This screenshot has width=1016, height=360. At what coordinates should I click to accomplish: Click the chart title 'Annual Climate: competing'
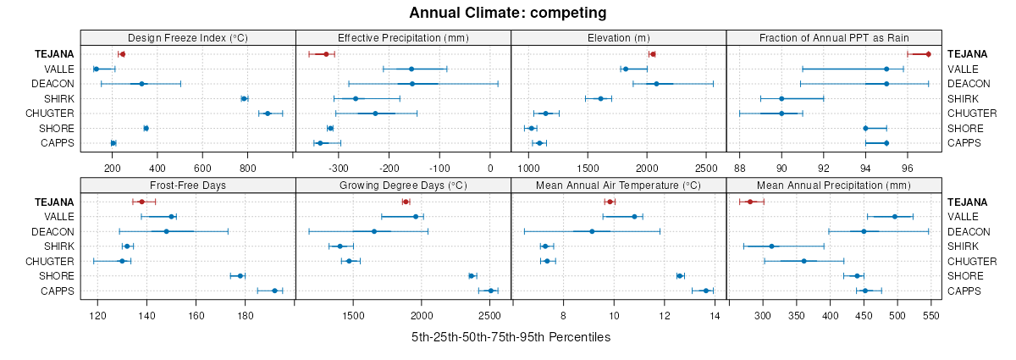[507, 13]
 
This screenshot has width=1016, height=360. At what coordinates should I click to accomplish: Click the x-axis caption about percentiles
[511, 337]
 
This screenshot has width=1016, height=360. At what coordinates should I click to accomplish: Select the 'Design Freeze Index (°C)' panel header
[188, 37]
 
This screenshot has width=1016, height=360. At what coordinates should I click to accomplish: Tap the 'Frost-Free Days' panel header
[188, 185]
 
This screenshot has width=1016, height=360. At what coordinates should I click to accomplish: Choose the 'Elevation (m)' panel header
[618, 37]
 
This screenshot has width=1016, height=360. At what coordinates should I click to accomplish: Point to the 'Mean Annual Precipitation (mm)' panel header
[834, 185]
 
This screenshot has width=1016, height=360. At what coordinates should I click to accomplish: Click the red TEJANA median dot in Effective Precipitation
[326, 54]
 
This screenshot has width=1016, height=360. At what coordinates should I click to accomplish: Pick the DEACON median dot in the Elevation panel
[656, 84]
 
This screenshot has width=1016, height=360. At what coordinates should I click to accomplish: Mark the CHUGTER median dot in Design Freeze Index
[268, 114]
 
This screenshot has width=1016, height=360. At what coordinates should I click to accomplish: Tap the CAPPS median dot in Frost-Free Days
[274, 291]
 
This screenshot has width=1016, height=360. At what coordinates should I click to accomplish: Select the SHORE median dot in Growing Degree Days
[472, 275]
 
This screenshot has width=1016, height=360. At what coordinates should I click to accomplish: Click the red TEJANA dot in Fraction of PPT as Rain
[928, 54]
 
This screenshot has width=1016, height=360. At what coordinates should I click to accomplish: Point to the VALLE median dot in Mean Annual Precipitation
[895, 217]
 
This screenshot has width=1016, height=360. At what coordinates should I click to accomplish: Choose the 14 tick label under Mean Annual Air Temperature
[715, 316]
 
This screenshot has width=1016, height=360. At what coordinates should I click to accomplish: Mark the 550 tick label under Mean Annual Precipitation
[931, 316]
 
